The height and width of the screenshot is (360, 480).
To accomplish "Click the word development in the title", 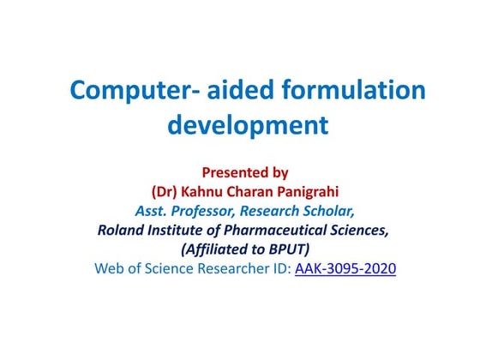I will tap(248, 125).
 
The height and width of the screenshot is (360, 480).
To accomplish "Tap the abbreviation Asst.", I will tap(152, 210).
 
